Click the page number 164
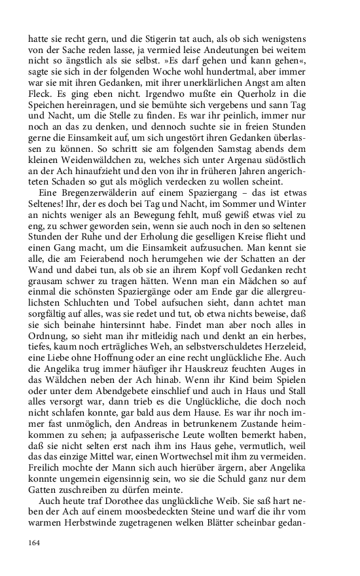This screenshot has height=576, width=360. pyautogui.click(x=34, y=542)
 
